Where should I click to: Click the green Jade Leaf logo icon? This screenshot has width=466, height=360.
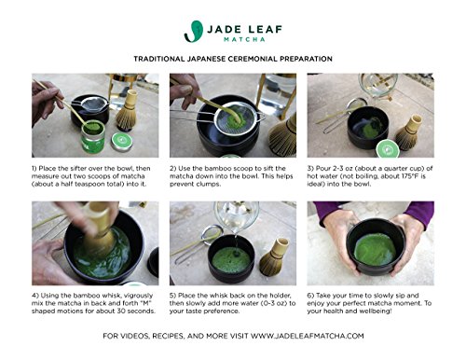click(193, 32)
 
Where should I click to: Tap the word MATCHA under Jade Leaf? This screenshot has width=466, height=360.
click(244, 39)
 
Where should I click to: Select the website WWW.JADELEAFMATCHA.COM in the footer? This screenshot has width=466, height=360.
click(307, 336)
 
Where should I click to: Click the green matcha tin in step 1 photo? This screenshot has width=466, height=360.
click(93, 137)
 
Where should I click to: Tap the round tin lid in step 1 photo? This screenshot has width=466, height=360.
click(122, 142)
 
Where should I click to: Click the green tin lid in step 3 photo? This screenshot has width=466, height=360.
click(388, 149)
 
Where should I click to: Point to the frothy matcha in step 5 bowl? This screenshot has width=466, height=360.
click(231, 260)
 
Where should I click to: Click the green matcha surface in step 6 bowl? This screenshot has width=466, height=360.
click(376, 249)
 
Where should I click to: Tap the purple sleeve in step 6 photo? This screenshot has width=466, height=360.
click(419, 212)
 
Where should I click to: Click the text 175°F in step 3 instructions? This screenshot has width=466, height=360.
click(408, 176)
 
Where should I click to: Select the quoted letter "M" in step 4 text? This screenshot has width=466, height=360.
click(144, 303)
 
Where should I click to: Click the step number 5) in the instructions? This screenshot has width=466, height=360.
click(172, 296)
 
